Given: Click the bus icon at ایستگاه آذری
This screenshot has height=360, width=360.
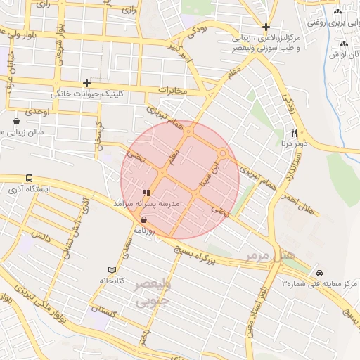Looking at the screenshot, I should click(x=29, y=179).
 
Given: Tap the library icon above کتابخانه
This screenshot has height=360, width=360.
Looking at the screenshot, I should click(x=112, y=270).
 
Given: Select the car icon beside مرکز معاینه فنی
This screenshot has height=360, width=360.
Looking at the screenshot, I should click(x=319, y=272).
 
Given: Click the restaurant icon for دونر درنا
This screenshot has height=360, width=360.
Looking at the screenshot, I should click(x=295, y=132).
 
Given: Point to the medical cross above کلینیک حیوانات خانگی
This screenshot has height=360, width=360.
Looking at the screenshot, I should click(x=86, y=83).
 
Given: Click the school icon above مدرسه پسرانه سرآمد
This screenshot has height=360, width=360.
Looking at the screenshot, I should click(x=146, y=192).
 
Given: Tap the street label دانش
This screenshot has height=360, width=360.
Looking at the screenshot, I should click(x=39, y=238).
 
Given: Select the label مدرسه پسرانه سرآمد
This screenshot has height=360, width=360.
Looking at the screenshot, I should click(x=146, y=202).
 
